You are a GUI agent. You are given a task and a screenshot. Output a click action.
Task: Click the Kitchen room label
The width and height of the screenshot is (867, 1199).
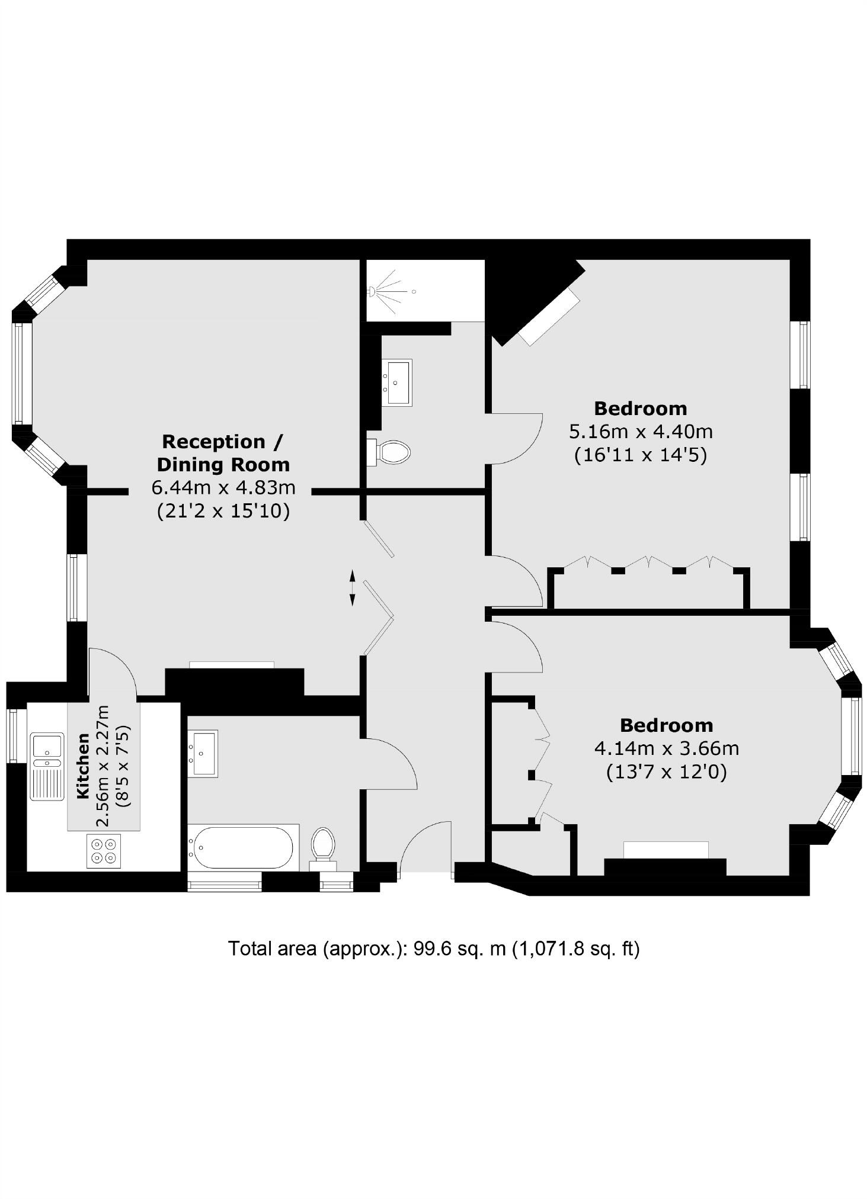[83, 765]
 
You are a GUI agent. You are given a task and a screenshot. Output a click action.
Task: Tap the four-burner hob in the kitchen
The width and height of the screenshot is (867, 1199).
[104, 851]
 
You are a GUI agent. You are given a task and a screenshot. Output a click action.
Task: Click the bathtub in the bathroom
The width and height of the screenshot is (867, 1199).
[242, 847]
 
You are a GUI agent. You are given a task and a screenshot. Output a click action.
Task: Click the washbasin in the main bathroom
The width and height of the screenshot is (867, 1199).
[203, 753]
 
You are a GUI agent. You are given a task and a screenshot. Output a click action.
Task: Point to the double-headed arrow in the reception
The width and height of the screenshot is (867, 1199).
[352, 587]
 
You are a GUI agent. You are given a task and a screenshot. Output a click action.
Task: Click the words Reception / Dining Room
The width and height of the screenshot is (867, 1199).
[223, 453]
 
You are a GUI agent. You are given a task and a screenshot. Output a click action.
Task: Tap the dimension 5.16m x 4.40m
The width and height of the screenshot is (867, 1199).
[641, 432]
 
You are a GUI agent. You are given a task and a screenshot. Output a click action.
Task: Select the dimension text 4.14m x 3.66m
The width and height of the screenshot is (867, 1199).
[667, 748]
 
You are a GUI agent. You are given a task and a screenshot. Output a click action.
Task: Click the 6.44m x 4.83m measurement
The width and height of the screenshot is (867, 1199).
[223, 488]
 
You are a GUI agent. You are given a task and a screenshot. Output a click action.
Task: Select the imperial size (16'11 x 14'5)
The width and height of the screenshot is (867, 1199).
[641, 455]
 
